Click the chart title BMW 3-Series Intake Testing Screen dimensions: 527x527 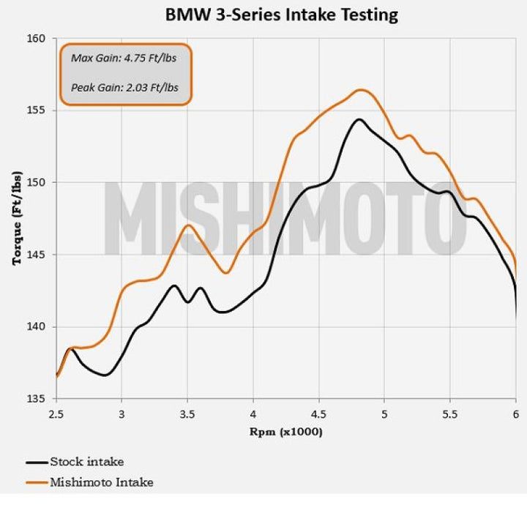[282, 14]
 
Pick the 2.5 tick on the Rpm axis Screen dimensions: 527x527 [56, 414]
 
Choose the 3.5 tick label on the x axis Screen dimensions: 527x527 [187, 414]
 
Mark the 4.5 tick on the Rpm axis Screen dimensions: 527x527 [319, 414]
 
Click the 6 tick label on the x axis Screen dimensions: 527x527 [516, 414]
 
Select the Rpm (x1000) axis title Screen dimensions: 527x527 [285, 431]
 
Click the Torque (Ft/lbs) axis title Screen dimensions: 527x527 [16, 218]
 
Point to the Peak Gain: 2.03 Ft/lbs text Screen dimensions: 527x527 [124, 89]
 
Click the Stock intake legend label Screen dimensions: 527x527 [86, 462]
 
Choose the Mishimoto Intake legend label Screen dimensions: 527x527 [102, 482]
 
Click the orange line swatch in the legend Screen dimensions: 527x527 [37, 483]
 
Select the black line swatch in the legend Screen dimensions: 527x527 [37, 463]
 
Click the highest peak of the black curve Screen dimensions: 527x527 [359, 119]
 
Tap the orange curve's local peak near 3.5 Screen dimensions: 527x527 [188, 225]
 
